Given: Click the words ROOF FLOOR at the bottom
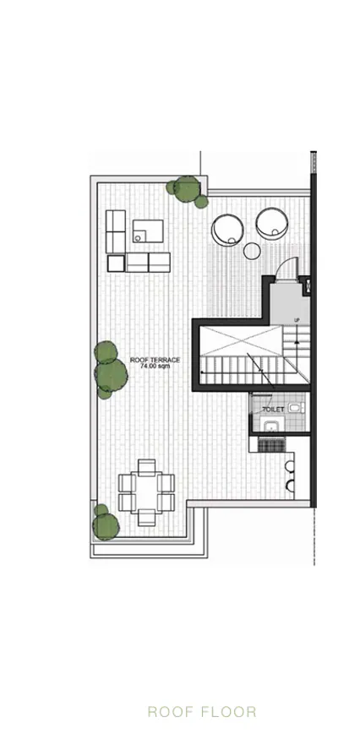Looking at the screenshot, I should point(201,712).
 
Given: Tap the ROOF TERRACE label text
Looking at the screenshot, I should point(155,361).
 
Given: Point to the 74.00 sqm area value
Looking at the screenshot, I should point(155,367).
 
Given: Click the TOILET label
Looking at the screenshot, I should point(272,409).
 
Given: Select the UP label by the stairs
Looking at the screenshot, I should point(297,320).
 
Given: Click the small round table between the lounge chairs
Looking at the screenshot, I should point(252,250).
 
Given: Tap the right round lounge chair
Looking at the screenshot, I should point(272,225).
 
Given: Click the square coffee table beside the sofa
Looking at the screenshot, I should point(148,230).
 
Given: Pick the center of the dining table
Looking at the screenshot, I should point(147,492).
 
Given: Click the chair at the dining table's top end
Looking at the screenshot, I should point(147,466).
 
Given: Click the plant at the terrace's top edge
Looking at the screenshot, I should point(188,191).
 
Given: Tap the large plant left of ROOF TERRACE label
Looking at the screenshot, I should point(108,370).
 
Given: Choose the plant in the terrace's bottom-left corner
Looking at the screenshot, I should point(104,523).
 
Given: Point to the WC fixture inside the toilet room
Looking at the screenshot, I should point(296,408).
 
